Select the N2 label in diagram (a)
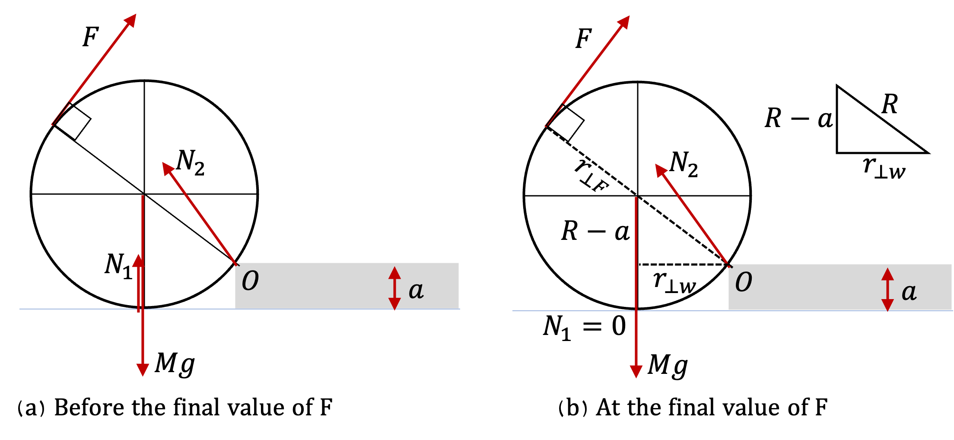tap(191, 162)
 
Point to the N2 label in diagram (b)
tap(684, 164)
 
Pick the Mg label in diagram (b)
tap(668, 365)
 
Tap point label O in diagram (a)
tap(250, 281)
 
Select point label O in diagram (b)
tap(744, 283)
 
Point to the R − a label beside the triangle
tap(798, 118)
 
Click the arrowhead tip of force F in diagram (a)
tap(136, 14)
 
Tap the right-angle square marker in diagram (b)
tap(566, 123)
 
